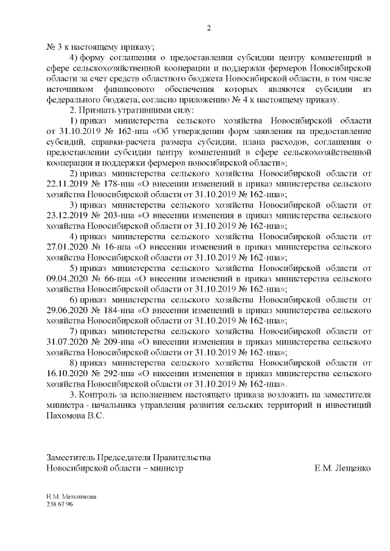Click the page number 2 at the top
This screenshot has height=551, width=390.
point(208,28)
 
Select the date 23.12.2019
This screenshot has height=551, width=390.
point(66,214)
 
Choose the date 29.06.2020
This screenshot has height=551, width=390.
point(66,310)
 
